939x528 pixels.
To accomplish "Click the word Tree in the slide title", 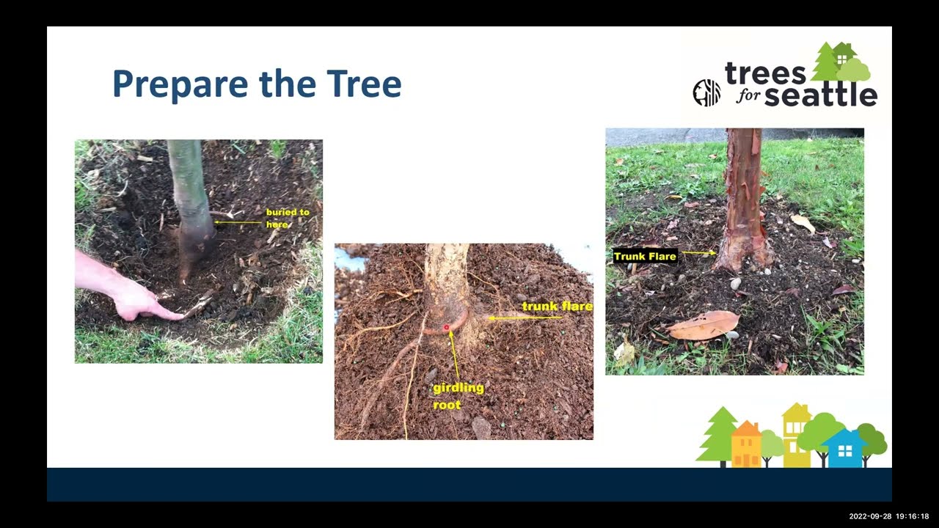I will [365, 84].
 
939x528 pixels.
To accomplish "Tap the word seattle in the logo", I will [821, 95].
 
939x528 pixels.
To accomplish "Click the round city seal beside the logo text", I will [706, 93].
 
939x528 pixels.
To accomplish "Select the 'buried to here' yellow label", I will [287, 218].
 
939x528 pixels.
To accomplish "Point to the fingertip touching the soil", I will [178, 316].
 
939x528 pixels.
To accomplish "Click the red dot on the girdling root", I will [446, 328].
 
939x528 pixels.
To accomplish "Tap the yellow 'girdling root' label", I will [458, 395].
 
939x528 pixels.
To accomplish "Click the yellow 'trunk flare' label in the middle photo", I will [556, 306].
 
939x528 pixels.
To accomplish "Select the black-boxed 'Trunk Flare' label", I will [645, 256].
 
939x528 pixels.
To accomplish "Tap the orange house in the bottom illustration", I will [746, 444].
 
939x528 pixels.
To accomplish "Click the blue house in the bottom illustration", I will [844, 448].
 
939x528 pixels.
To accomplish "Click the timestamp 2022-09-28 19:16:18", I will [888, 516].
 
